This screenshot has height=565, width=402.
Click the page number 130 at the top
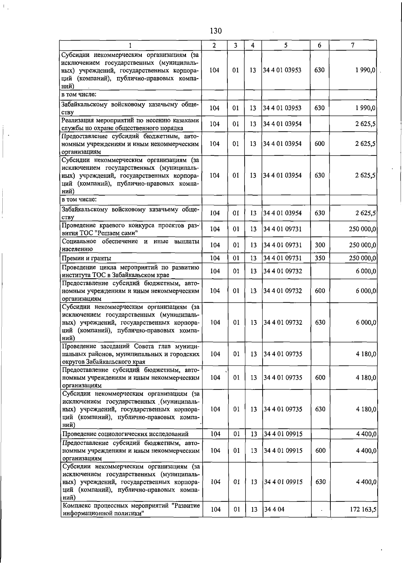[216, 31]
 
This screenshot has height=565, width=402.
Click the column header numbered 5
[285, 45]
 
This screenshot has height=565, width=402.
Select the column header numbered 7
[353, 45]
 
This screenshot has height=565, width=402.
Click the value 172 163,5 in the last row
[363, 509]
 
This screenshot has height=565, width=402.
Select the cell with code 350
[320, 258]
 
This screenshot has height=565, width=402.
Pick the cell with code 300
[320, 245]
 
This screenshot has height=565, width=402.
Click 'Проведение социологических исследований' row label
[125, 434]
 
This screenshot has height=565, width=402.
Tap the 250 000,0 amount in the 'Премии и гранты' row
[363, 258]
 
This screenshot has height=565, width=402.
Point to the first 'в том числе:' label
[79, 94]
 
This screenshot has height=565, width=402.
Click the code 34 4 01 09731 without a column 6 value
[282, 229]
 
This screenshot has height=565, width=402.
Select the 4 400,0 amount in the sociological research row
[366, 434]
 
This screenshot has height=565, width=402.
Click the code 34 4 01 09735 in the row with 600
[283, 377]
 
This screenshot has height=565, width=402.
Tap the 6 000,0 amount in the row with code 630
[366, 322]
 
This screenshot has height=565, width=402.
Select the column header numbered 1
[130, 45]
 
